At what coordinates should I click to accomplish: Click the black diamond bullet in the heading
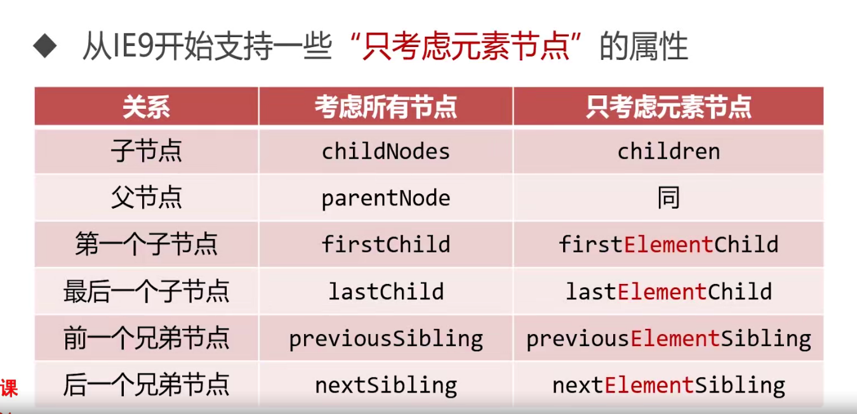pos(45,46)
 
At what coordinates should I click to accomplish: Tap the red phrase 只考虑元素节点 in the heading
pos(466,46)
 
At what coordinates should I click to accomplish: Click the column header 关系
pos(146,107)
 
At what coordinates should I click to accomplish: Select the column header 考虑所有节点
pos(386,107)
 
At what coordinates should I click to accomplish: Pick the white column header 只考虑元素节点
pos(668,107)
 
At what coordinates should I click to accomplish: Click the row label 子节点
pos(146,152)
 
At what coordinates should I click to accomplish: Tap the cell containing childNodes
pos(386,152)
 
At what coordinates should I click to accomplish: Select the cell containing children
pos(668,152)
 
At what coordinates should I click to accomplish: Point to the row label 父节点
pos(146,198)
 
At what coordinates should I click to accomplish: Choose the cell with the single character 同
pos(668,198)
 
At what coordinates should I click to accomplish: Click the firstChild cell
pos(386,244)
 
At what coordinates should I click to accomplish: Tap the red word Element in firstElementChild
pos(668,244)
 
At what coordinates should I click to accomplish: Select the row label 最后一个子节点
pos(146,292)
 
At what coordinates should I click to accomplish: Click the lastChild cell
pos(386,292)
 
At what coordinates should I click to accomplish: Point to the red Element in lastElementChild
pos(662,292)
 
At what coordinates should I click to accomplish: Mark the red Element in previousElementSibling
pos(675,339)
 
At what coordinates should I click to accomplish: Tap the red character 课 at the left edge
pos(9,389)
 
